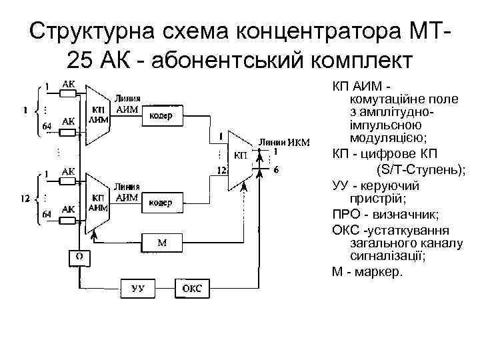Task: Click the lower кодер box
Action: click(161, 202)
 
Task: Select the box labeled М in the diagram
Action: click(161, 243)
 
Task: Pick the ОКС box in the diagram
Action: click(193, 288)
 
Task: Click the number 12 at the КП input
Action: click(222, 171)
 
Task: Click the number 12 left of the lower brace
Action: click(25, 199)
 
